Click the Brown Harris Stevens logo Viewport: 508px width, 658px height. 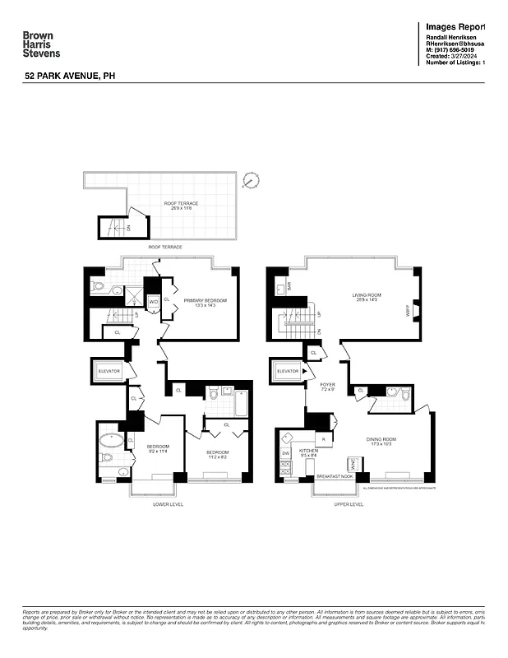tap(41, 44)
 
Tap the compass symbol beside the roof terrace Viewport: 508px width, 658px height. tap(252, 179)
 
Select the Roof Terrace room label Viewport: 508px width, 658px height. tap(181, 206)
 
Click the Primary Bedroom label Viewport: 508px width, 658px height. tap(205, 303)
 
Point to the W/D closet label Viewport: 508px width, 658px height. tap(153, 302)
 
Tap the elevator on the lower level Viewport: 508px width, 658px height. tap(109, 372)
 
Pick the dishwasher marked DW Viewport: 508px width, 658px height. tap(286, 453)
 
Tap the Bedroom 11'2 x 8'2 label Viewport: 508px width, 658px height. tap(217, 456)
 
